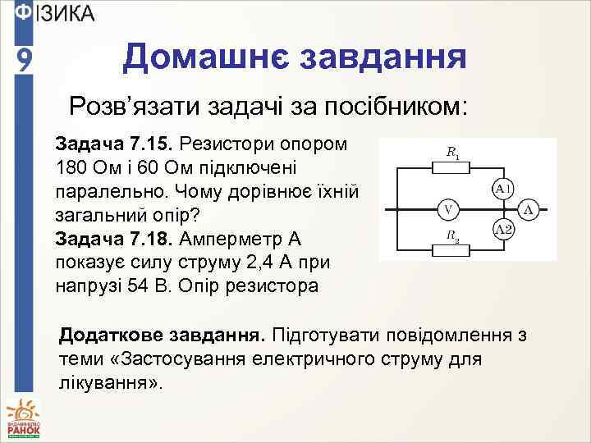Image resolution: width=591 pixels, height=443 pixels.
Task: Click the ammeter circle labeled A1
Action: pyautogui.click(x=503, y=190)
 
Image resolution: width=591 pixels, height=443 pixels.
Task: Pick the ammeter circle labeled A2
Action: pyautogui.click(x=503, y=231)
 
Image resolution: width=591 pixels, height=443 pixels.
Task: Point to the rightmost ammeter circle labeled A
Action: pyautogui.click(x=530, y=210)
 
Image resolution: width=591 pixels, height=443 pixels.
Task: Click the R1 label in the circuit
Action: pyautogui.click(x=452, y=152)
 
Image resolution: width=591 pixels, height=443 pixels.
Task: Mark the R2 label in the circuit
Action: pyautogui.click(x=452, y=235)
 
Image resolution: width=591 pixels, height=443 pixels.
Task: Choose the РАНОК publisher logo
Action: pyautogui.click(x=23, y=418)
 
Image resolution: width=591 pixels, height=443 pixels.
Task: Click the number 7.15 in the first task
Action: pyautogui.click(x=147, y=144)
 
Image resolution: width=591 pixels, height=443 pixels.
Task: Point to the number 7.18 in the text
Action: pyautogui.click(x=147, y=240)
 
